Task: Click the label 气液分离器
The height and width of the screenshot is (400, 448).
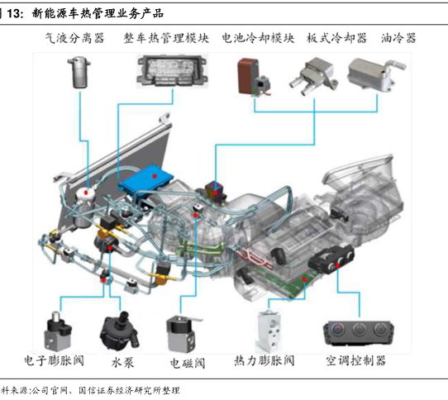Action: click(74, 38)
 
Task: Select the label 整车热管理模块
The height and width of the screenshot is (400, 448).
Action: click(166, 38)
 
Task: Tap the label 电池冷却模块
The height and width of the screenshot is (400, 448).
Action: click(258, 38)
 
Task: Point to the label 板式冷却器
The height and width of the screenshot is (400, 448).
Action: click(337, 38)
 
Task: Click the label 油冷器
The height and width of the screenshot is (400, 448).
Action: click(398, 38)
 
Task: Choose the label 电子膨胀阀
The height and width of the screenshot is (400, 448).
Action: click(55, 360)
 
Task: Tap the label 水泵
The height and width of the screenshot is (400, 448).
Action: click(122, 363)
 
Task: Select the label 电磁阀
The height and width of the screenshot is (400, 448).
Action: click(188, 363)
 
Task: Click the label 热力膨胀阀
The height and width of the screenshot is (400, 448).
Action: click(265, 360)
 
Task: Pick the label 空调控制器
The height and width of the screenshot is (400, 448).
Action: click(356, 360)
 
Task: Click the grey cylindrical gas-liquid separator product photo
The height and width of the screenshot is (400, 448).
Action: click(79, 72)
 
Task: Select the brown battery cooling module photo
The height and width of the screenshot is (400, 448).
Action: click(254, 77)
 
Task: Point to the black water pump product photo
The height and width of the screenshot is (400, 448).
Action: click(119, 331)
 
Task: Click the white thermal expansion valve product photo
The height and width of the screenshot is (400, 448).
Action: click(269, 331)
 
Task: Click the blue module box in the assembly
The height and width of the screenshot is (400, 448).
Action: click(146, 179)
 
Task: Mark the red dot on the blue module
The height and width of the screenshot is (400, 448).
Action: click(155, 176)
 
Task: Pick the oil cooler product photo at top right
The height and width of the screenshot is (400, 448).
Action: click(376, 75)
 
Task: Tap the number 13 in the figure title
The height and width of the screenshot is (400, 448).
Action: click(14, 13)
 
